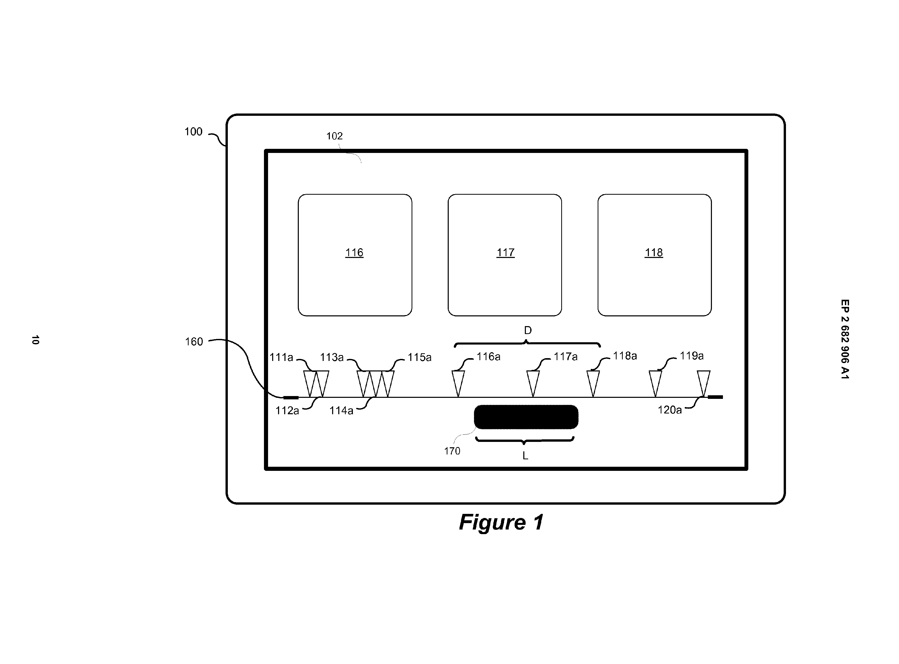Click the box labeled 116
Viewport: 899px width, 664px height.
pos(355,255)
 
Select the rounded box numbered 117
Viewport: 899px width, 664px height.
pos(505,255)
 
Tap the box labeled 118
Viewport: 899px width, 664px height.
pos(654,255)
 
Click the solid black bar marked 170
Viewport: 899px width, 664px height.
pos(526,417)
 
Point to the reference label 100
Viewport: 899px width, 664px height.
pos(193,132)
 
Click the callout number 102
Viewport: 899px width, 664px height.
pos(334,136)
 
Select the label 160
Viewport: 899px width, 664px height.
pos(194,342)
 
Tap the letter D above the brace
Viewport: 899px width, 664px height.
pos(527,330)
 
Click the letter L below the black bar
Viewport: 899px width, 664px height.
pos(525,456)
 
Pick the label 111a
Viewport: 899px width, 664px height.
pos(281,357)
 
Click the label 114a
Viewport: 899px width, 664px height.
pos(341,410)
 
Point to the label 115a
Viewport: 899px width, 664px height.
pos(419,357)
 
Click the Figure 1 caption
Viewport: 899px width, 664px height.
pos(501,522)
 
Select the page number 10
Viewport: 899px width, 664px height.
pos(35,340)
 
